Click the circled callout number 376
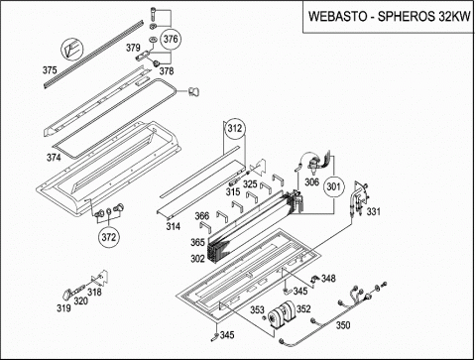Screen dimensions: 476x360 click(171, 39)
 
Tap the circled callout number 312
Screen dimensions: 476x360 click(235, 128)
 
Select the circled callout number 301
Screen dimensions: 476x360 click(333, 186)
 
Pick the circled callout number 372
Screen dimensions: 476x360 click(109, 237)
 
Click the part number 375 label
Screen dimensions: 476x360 click(50, 70)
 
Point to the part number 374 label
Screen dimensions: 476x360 click(54, 158)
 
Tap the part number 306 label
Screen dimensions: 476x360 click(311, 181)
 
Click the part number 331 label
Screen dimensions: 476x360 click(373, 211)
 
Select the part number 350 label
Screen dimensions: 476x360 click(343, 325)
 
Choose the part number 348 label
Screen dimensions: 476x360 click(328, 278)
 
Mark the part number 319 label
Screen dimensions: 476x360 click(63, 308)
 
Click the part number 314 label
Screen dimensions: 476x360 click(173, 226)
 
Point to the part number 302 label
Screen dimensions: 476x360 click(197, 259)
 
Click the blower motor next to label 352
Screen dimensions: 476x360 click(282, 315)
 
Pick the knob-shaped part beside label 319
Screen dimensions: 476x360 click(67, 294)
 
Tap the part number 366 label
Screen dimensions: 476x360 click(201, 216)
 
